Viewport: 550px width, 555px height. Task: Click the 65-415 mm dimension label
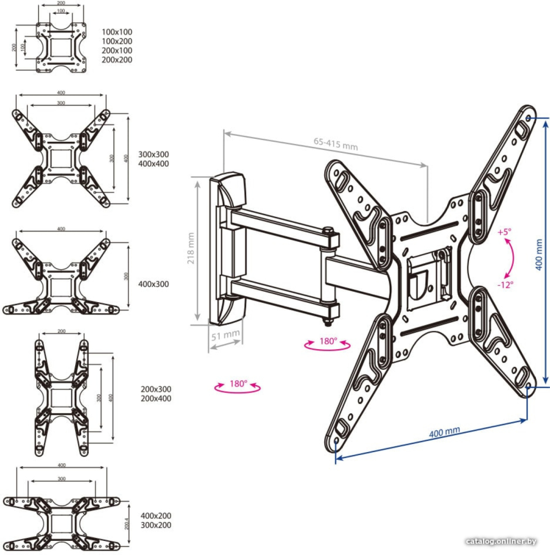point(336,144)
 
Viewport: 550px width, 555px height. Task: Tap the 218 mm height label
point(191,248)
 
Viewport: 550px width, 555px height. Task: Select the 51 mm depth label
point(225,335)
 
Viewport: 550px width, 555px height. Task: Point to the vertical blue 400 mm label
point(539,254)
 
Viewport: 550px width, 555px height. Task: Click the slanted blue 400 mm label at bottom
point(445,432)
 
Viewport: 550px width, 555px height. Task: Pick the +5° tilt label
point(504,232)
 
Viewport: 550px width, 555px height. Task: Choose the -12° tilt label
point(505,285)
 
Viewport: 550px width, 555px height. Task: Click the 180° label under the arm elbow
point(328,341)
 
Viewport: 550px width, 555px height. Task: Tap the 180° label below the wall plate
point(238,384)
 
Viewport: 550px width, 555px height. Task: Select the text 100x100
point(117,32)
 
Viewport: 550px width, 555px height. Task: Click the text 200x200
point(117,60)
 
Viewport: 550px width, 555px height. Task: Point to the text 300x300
point(153,154)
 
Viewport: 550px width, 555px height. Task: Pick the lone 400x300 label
point(153,284)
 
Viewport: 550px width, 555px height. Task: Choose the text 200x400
point(156,398)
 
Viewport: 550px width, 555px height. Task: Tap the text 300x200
point(156,525)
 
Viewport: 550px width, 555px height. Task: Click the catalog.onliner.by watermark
point(501,541)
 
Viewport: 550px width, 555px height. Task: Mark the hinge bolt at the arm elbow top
point(328,231)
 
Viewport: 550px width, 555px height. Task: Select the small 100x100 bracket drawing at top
point(61,47)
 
